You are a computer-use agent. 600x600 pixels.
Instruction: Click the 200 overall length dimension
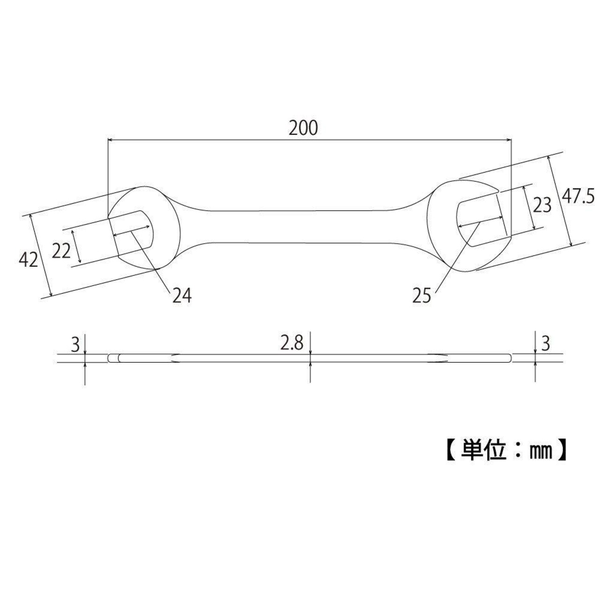[303, 128]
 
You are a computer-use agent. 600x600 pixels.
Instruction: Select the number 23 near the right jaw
[542, 205]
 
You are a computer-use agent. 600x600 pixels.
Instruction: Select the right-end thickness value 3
[546, 344]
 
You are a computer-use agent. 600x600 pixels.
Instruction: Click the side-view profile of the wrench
[310, 358]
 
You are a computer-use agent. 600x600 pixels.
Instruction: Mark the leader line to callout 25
[457, 257]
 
